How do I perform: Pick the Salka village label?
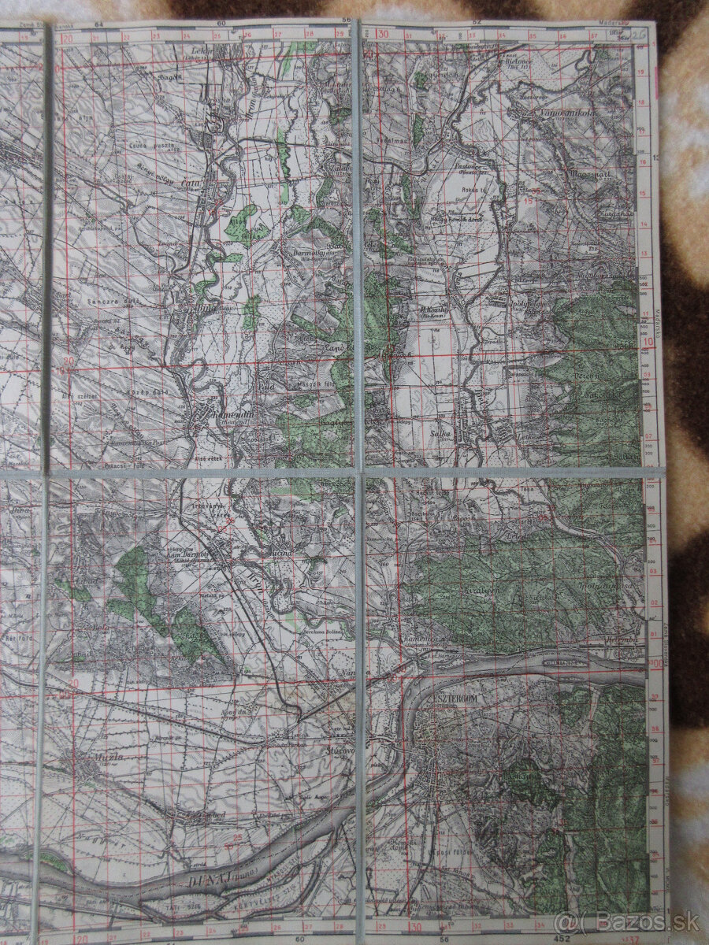[x=440, y=432]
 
